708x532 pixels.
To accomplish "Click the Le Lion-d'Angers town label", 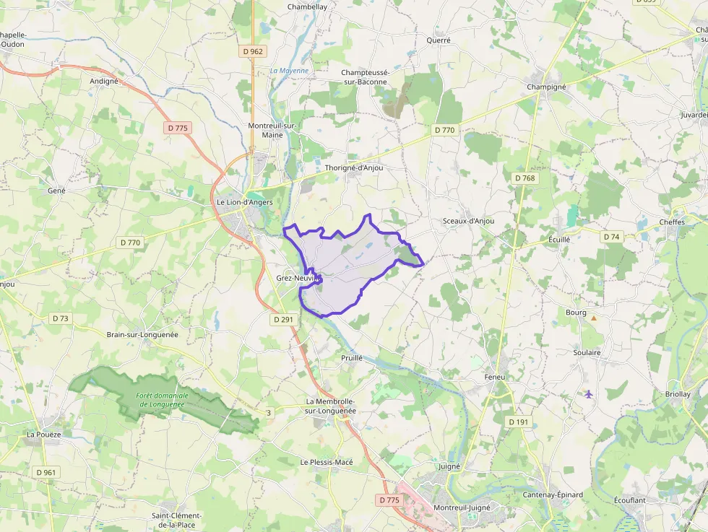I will click(x=245, y=202).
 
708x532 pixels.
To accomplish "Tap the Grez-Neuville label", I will click(x=297, y=277).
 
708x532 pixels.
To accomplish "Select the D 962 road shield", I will click(x=253, y=51).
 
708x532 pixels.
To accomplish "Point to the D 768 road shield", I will click(x=525, y=178).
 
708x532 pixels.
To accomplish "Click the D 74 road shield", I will click(x=611, y=237).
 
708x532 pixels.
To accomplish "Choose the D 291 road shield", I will click(x=284, y=318).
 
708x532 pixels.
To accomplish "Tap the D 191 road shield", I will click(x=518, y=422).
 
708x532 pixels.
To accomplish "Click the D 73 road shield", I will click(x=60, y=318).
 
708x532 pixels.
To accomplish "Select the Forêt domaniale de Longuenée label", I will click(x=163, y=400).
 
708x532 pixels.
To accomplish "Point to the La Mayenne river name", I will click(x=289, y=71).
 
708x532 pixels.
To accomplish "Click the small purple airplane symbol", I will click(x=588, y=393).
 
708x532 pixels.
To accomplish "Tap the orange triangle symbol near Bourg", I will click(x=594, y=318).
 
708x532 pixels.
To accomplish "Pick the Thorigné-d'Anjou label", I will click(x=354, y=167).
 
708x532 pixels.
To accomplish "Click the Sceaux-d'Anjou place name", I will click(x=468, y=221).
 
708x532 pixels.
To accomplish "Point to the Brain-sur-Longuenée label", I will click(x=142, y=335).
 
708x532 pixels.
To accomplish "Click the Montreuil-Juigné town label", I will click(x=461, y=507).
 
